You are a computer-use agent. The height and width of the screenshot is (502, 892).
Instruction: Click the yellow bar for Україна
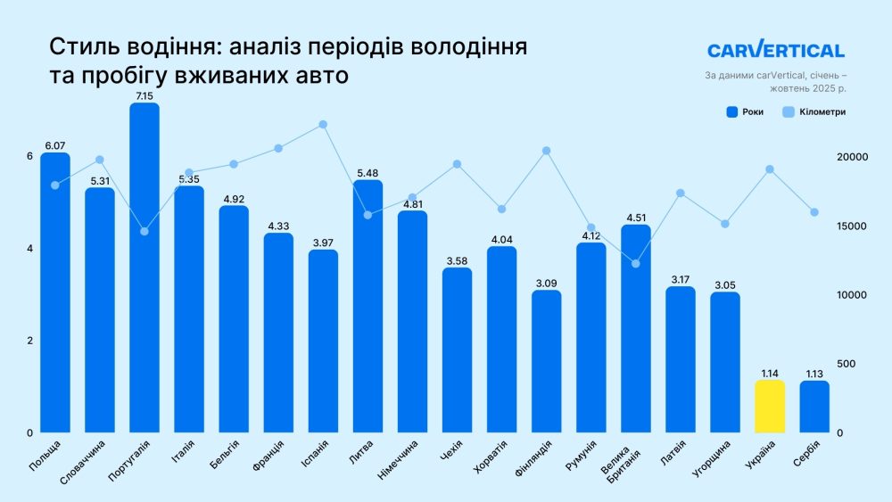coord(770,407)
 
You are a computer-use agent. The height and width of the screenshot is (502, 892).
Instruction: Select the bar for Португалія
coord(145,267)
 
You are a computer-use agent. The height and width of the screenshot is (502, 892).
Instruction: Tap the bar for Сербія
coord(814,407)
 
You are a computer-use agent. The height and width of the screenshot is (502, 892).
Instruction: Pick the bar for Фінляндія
coord(546,361)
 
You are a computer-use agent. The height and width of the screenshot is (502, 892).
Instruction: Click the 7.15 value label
coord(145,95)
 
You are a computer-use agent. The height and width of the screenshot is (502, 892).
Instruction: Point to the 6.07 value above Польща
coord(54,144)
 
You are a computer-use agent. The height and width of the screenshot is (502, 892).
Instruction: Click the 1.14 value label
coord(770,373)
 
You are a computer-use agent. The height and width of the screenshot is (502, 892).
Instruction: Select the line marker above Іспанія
coord(323,125)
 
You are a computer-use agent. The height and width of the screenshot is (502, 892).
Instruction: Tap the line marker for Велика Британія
coord(635,263)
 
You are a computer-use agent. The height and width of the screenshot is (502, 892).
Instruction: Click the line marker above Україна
coord(770,169)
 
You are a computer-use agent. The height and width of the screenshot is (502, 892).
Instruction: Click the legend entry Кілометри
coord(814,112)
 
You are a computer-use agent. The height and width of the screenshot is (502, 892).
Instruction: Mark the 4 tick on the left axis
coord(29,249)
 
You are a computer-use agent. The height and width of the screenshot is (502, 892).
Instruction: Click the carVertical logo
coord(775,51)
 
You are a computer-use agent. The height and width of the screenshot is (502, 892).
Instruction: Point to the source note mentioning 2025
coord(774,82)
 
